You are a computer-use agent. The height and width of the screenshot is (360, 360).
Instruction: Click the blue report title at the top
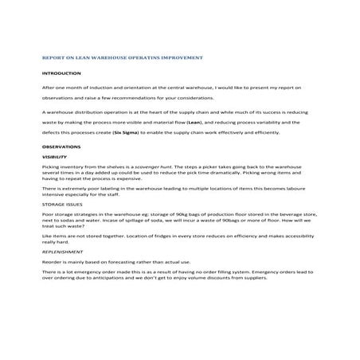(x=123, y=58)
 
